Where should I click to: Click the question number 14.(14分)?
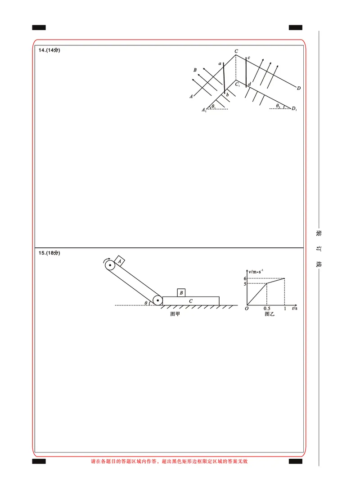point(49,50)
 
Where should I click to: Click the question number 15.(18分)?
point(49,253)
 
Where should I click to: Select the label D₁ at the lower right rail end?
point(294,108)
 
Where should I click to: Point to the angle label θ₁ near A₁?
point(213,106)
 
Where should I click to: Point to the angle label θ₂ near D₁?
point(278,106)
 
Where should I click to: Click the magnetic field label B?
point(195,70)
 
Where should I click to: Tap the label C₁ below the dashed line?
point(238,84)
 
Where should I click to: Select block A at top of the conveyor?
point(120,260)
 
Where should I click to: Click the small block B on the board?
point(181,293)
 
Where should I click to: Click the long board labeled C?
point(191,300)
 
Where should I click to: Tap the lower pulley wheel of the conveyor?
point(157,300)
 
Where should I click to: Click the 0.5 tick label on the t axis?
point(267,309)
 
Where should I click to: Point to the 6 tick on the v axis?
point(245,279)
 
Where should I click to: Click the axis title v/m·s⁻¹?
point(256,271)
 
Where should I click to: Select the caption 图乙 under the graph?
point(269,314)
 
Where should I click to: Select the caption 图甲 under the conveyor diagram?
point(175,314)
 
